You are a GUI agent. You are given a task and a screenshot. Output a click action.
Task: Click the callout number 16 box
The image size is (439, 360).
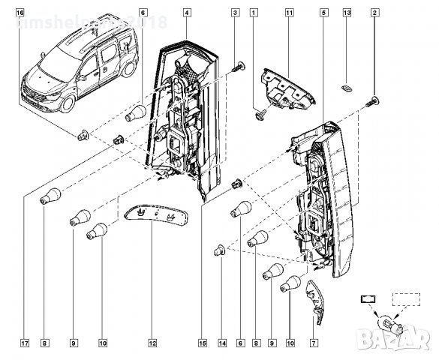pyautogui.click(x=20, y=13)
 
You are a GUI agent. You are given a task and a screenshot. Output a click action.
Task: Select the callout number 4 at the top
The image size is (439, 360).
pyautogui.click(x=186, y=13)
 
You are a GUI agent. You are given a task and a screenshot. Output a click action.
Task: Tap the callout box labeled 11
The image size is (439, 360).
pyautogui.click(x=289, y=13)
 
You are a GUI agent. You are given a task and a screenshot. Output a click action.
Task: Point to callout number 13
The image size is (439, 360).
pyautogui.click(x=347, y=13)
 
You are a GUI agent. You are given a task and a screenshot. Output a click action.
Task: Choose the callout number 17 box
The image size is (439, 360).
pyautogui.click(x=25, y=344)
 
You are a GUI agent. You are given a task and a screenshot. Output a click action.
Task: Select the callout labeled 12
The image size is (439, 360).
pyautogui.click(x=152, y=344)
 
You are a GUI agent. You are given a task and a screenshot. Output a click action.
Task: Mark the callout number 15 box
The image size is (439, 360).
pyautogui.click(x=202, y=344)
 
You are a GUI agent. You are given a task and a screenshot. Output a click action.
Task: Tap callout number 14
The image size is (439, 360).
pyautogui.click(x=222, y=344)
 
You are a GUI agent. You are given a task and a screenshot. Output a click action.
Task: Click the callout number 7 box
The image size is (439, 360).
pyautogui.click(x=313, y=344)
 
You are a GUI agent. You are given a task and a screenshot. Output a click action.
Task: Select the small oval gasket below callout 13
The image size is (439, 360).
pyautogui.click(x=347, y=88)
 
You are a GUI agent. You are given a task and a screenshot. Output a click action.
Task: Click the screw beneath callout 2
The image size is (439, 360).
pyautogui.click(x=373, y=102)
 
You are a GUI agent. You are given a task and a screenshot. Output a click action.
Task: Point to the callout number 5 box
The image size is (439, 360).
pyautogui.click(x=323, y=13)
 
